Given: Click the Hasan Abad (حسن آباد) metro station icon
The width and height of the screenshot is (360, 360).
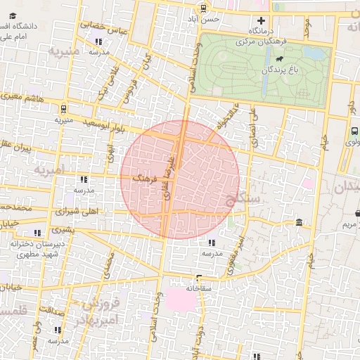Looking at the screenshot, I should [x=203, y=8].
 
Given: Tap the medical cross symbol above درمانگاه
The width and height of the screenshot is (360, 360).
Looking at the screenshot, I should [x=262, y=21].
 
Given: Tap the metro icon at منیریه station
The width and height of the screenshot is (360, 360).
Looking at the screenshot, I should [x=63, y=109].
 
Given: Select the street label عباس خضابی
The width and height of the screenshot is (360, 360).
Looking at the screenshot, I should [x=105, y=27].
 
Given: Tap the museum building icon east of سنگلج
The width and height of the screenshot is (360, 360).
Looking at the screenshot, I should [x=300, y=223].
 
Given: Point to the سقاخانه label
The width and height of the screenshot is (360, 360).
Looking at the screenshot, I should [x=200, y=288].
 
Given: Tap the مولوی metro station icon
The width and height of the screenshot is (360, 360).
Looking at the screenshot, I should [x=354, y=130].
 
